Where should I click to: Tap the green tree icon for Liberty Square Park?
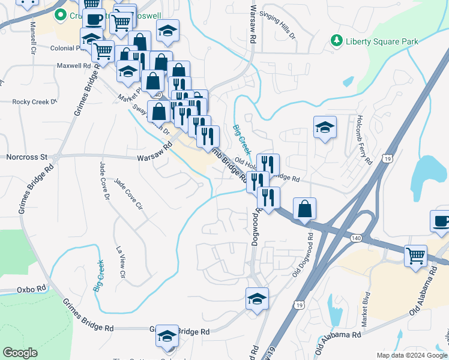(x=336, y=41)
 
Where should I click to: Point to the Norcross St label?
(x=26, y=157)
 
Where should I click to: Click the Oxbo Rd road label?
(x=32, y=289)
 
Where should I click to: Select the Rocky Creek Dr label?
(x=34, y=102)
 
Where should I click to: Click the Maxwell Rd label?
(x=73, y=65)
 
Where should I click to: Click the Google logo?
(x=20, y=353)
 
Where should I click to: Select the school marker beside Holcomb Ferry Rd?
(x=325, y=127)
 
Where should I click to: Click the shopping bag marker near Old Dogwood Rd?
(x=305, y=209)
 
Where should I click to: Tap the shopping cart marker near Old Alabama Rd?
(x=415, y=256)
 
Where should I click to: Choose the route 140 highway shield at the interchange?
(x=358, y=238)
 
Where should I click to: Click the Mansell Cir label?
(x=31, y=38)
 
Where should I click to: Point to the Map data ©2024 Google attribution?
(x=411, y=355)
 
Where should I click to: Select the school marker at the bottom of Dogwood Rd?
(x=257, y=299)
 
